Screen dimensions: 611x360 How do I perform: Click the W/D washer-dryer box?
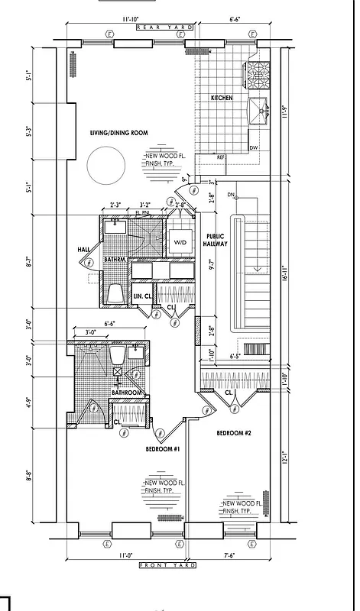coord(180,242)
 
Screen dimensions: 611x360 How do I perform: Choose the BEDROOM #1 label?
coord(161,448)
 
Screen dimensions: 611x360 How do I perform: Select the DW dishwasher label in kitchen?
coord(254,147)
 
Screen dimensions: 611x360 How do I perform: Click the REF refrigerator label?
coord(220,157)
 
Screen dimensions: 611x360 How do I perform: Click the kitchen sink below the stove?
coord(260,111)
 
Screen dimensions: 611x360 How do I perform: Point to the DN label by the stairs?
coord(231,195)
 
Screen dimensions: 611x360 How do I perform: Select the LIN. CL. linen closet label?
coord(142,295)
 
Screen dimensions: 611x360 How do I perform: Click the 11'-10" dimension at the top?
coord(127,18)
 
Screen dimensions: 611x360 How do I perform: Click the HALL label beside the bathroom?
coord(84,249)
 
